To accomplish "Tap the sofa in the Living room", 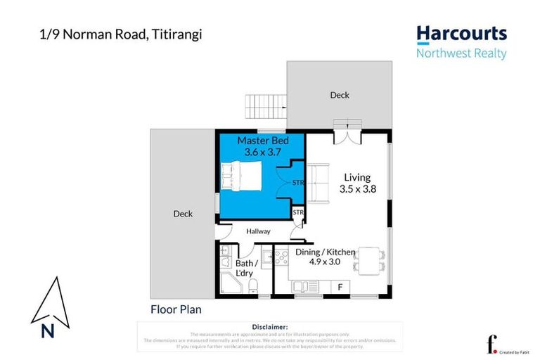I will click(x=319, y=181).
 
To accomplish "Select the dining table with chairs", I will click(x=369, y=259).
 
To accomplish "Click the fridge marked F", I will click(x=340, y=286).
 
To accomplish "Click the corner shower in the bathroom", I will click(x=229, y=285).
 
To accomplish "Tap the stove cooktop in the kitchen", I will click(x=281, y=256).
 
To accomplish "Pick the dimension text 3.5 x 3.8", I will click(x=355, y=188).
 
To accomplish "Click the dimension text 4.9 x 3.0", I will click(x=324, y=261).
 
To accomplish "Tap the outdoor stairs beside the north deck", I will click(x=266, y=107).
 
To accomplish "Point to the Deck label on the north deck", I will click(x=340, y=95).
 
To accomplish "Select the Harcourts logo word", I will click(x=461, y=33).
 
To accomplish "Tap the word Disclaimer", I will click(x=269, y=327).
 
